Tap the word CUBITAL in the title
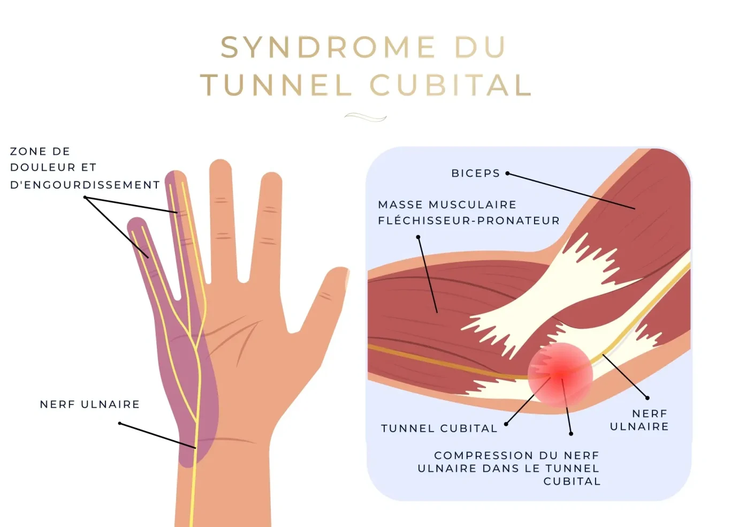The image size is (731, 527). pyautogui.click(x=451, y=85)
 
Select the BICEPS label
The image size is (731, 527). pyautogui.click(x=475, y=174)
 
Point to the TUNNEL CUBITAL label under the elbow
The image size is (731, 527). pyautogui.click(x=439, y=428)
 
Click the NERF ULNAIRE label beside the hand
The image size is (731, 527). pyautogui.click(x=89, y=404)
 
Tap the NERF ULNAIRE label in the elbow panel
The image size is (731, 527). pyautogui.click(x=639, y=420)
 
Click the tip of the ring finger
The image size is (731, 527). pyautogui.click(x=175, y=175)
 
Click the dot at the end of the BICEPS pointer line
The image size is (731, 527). pyautogui.click(x=507, y=174)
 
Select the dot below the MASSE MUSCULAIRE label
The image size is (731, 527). pyautogui.click(x=418, y=237)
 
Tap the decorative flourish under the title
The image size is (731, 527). pyautogui.click(x=365, y=117)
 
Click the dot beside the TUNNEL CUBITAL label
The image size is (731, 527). pyautogui.click(x=506, y=424)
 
